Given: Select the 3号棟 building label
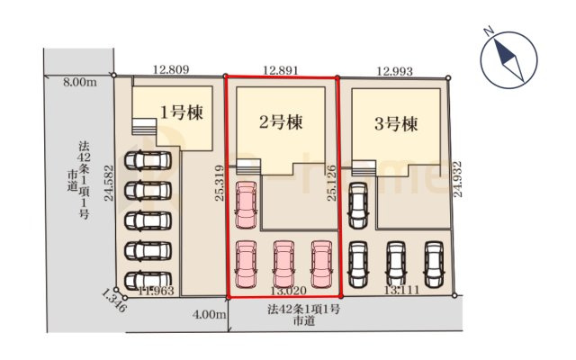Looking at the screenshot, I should (x=397, y=124).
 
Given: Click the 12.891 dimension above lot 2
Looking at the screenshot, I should (x=281, y=68).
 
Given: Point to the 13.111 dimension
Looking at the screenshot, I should (x=400, y=290).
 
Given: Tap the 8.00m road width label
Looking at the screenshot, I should (x=79, y=83).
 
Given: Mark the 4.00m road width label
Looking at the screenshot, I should (x=208, y=315).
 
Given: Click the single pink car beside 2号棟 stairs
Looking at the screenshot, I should (x=245, y=205).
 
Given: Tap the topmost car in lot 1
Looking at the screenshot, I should (x=146, y=162).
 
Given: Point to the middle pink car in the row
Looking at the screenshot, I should (x=283, y=264).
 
